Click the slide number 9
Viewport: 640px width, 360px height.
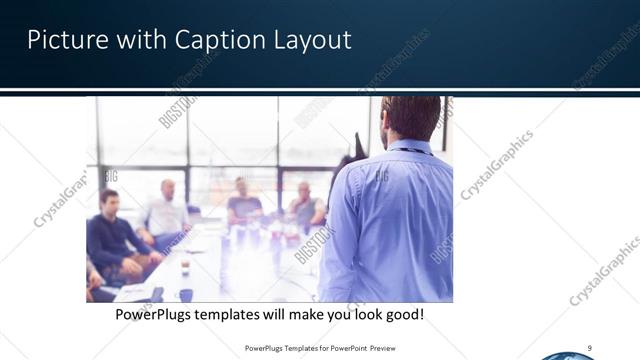pos(590,347)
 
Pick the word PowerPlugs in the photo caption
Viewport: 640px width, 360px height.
pos(158,314)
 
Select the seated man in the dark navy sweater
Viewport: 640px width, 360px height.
pos(109,235)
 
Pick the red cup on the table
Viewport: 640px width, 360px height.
pos(185,265)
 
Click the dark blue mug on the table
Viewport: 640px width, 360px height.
pos(186,295)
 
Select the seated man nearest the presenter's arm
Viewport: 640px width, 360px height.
pos(306,205)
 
